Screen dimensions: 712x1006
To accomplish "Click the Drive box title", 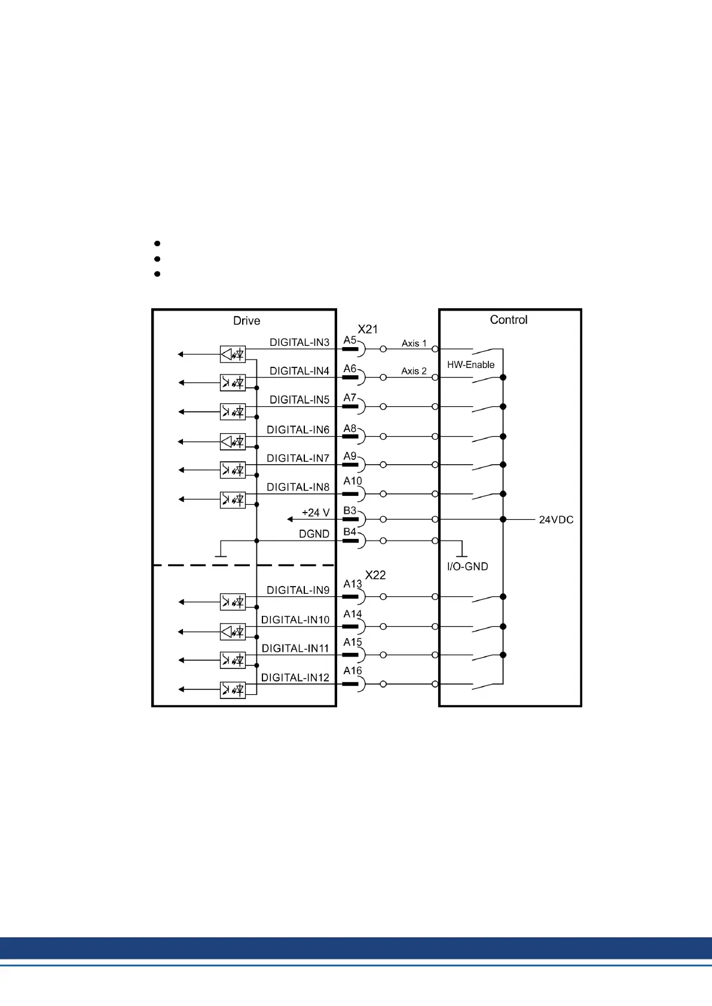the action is (246, 321).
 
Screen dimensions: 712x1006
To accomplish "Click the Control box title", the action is (509, 320).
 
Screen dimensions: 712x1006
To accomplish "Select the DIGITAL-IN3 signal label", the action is (299, 342).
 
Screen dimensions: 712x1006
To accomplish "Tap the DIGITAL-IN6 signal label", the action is (298, 430).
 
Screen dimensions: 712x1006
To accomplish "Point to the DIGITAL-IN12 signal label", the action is (295, 677).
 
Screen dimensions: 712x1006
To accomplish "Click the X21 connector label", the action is (368, 329).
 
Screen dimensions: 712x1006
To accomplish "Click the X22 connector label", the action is (375, 575).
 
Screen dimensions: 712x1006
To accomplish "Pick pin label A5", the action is (350, 340).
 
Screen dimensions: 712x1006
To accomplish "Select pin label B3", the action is (350, 511).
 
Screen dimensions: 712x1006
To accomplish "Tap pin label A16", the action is (352, 671).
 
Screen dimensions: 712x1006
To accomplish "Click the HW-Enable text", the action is (470, 364).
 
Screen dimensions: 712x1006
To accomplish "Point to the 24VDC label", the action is (556, 520).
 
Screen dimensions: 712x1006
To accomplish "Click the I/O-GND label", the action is (467, 566).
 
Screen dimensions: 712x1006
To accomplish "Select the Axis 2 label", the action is (414, 371).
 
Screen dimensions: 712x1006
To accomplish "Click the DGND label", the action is (314, 534).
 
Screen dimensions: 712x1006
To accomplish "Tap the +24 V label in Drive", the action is (316, 513).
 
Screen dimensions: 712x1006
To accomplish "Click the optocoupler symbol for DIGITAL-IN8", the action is (233, 499).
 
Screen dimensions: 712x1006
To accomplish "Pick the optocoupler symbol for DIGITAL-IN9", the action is (233, 602).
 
